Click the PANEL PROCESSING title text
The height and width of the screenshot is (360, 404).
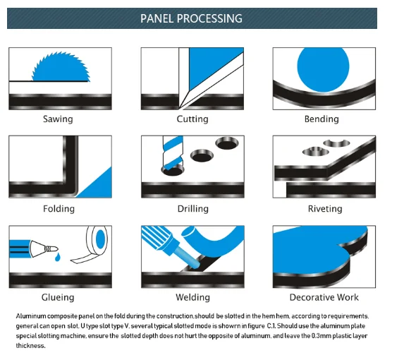[191, 18]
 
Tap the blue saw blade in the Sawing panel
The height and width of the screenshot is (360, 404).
[61, 68]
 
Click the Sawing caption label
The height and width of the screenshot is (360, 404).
[58, 119]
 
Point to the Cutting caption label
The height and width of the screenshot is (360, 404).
[192, 119]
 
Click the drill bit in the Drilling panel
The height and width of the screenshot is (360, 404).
[172, 152]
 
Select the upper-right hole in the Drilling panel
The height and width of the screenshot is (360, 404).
[227, 143]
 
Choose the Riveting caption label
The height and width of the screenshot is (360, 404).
[325, 209]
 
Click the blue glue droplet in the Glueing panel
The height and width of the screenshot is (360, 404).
[58, 257]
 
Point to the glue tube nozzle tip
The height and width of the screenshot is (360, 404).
[57, 249]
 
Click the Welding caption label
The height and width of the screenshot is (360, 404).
[192, 297]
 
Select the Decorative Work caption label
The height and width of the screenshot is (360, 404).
[324, 297]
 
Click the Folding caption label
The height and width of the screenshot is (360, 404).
[59, 209]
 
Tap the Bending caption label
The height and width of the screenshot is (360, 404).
[322, 119]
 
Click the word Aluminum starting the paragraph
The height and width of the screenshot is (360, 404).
[31, 316]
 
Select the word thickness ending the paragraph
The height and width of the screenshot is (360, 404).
[30, 346]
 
